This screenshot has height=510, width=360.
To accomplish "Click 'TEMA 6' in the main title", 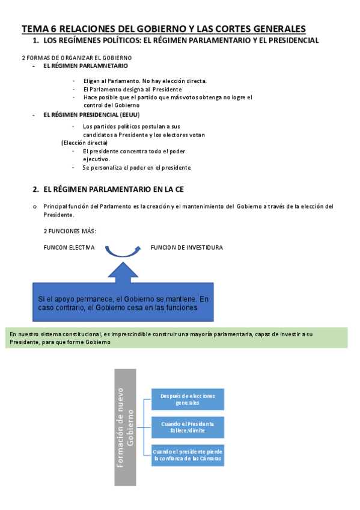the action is tap(40, 28).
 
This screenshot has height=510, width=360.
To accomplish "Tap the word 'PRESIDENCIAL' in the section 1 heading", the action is tap(291, 40).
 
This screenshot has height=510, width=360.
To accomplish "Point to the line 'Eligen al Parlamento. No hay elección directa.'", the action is tap(145, 81).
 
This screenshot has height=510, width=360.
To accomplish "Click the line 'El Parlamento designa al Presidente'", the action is tap(132, 89).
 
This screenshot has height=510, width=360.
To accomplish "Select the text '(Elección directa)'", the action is tap(85, 143).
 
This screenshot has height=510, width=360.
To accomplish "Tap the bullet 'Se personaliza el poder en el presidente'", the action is tap(136, 168).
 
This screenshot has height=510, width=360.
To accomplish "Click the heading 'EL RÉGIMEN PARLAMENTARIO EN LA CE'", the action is tap(114, 189).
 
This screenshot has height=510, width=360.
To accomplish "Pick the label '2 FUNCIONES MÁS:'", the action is tap(70, 231).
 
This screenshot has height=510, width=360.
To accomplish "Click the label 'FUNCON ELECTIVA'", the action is tap(69, 248).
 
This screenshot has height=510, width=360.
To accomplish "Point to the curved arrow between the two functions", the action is tap(123, 251).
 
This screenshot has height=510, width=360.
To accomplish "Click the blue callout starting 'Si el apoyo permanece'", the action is tap(123, 303).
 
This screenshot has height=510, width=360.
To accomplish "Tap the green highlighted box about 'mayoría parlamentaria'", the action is tap(177, 337).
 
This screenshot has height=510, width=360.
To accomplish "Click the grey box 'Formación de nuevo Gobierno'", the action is tap(124, 426).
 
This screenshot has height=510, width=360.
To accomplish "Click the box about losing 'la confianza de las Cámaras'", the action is tap(188, 455).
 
